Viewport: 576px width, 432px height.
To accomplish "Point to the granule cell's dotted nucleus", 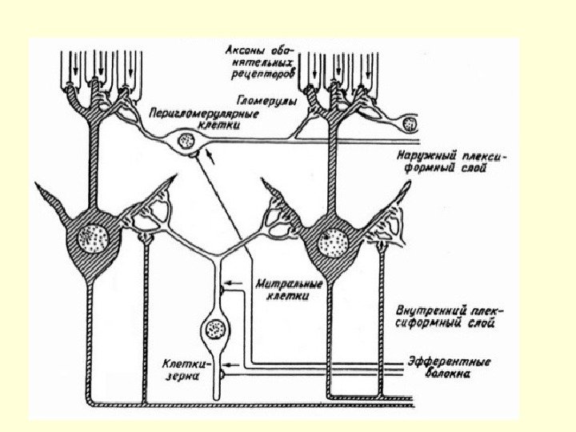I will pos(214,329).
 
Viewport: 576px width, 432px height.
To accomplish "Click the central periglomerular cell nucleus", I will pos(186,142).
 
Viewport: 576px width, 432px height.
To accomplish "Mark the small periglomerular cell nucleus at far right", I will pos(410,124).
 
